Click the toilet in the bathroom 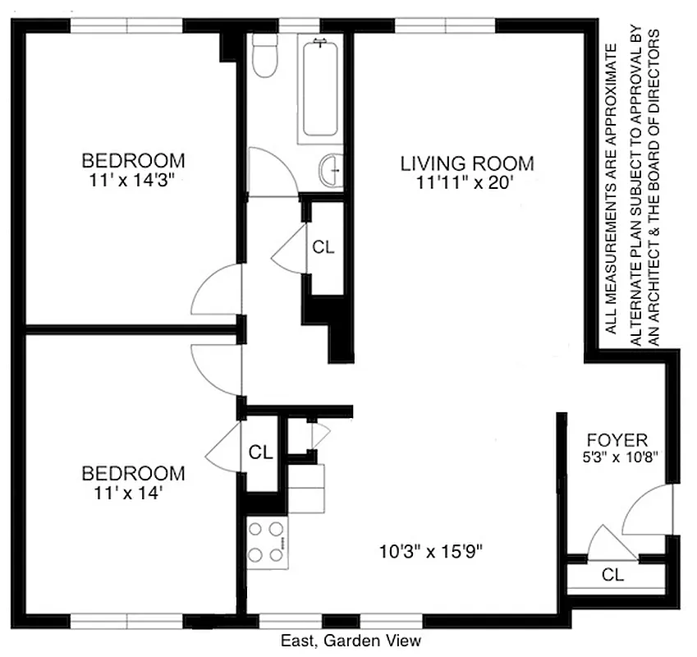click(x=264, y=56)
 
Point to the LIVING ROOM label click(x=466, y=163)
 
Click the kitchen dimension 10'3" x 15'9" click(x=431, y=552)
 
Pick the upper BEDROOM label click(x=133, y=160)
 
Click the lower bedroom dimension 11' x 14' click(x=132, y=493)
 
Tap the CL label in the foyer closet click(x=612, y=575)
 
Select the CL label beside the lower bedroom click(x=260, y=452)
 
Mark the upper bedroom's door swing click(x=215, y=292)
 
